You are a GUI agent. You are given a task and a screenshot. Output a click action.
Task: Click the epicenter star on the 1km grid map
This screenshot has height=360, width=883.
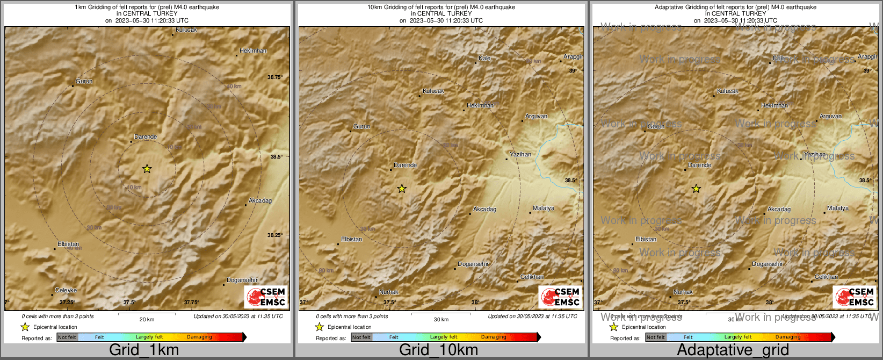click(147, 169)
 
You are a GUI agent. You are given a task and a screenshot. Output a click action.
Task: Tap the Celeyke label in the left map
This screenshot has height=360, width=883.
click(66, 290)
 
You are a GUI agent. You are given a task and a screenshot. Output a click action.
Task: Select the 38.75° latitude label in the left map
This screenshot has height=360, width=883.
click(275, 77)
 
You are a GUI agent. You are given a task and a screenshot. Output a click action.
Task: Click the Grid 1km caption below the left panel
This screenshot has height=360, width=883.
click(144, 350)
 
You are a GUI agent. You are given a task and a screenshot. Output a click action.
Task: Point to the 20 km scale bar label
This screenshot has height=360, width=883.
click(147, 320)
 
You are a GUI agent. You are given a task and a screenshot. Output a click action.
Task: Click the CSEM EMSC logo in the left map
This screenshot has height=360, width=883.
click(266, 297)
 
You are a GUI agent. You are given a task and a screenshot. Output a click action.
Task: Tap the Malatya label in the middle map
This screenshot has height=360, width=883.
click(544, 208)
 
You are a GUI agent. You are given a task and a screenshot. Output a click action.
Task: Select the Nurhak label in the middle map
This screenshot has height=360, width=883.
click(389, 292)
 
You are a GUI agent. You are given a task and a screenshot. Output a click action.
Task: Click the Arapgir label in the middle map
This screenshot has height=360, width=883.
click(573, 57)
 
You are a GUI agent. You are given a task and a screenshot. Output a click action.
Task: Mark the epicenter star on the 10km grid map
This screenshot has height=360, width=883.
click(402, 189)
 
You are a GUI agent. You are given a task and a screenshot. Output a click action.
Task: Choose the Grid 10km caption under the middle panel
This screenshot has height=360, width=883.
click(438, 350)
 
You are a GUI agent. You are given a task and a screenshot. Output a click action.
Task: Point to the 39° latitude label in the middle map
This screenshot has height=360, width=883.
click(573, 71)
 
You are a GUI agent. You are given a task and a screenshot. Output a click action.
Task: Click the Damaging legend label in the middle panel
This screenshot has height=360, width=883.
click(494, 337)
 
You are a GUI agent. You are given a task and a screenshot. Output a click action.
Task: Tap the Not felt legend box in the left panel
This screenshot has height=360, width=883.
click(67, 337)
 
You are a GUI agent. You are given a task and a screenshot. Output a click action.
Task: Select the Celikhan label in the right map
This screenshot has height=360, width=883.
click(826, 277)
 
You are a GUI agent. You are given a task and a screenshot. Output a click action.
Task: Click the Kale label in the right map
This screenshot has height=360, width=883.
click(779, 59)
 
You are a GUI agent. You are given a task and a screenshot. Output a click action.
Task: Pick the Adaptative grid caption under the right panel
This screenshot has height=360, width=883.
click(733, 350)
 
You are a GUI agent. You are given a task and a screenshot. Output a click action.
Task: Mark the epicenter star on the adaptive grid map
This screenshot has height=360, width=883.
click(696, 189)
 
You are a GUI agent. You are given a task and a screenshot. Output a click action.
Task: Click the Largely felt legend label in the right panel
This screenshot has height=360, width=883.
click(738, 337)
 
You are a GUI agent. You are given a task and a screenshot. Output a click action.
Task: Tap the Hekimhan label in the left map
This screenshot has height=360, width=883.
click(253, 51)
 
